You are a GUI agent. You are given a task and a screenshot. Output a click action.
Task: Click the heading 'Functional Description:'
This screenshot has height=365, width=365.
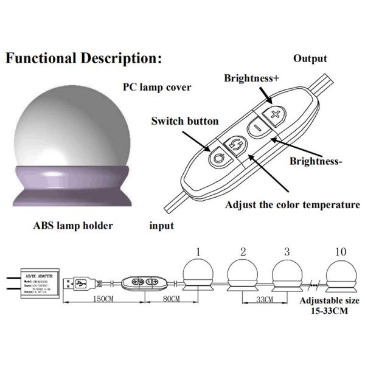coord(84,59)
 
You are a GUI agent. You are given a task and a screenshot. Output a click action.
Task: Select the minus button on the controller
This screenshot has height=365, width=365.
coord(257,128)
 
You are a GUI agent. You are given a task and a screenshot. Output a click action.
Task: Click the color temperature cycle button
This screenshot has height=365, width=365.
coord(234,145)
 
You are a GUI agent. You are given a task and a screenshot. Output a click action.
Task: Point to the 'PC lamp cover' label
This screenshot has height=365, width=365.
coord(157,87)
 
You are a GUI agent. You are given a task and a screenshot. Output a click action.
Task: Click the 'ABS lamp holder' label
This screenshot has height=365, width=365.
coord(73,226)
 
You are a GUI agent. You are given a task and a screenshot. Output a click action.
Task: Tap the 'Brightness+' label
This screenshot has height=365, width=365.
coord(252,78)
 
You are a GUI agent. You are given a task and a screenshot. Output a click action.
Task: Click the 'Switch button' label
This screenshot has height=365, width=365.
coord(184,121)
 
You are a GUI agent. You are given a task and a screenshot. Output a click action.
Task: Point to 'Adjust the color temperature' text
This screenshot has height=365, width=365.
coord(293,204)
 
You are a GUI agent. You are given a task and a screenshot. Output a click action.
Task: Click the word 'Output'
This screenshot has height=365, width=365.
coord(310,59)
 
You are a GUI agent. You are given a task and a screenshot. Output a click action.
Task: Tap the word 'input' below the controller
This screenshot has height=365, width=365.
coord(162,226)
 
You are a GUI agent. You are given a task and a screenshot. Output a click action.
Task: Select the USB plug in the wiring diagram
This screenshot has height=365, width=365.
coord(80,282)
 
